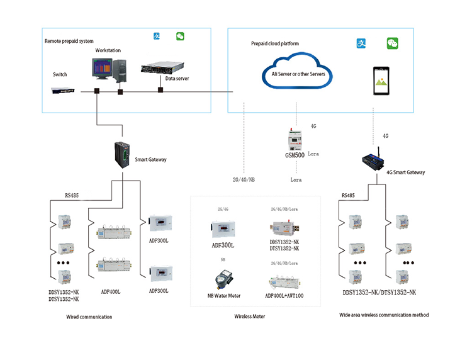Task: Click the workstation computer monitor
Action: [x=102, y=69]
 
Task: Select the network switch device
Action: [x=62, y=90]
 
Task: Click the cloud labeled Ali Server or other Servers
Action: [x=298, y=70]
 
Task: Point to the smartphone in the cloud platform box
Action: [x=381, y=81]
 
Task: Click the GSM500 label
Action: [x=295, y=155]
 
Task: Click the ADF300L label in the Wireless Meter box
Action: [x=223, y=245]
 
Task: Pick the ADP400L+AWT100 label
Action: [x=284, y=296]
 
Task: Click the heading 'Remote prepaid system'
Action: [x=69, y=41]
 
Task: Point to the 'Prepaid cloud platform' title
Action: [x=275, y=43]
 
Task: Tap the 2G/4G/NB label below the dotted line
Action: [x=244, y=180]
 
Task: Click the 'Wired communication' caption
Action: [x=89, y=317]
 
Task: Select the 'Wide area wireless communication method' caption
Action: [x=384, y=315]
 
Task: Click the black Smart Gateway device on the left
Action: [x=122, y=155]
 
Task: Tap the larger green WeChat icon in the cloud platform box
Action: [x=393, y=43]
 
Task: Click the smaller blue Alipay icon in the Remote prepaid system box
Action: [x=157, y=36]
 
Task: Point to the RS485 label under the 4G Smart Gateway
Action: [x=348, y=195]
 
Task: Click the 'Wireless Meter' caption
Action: [x=250, y=317]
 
